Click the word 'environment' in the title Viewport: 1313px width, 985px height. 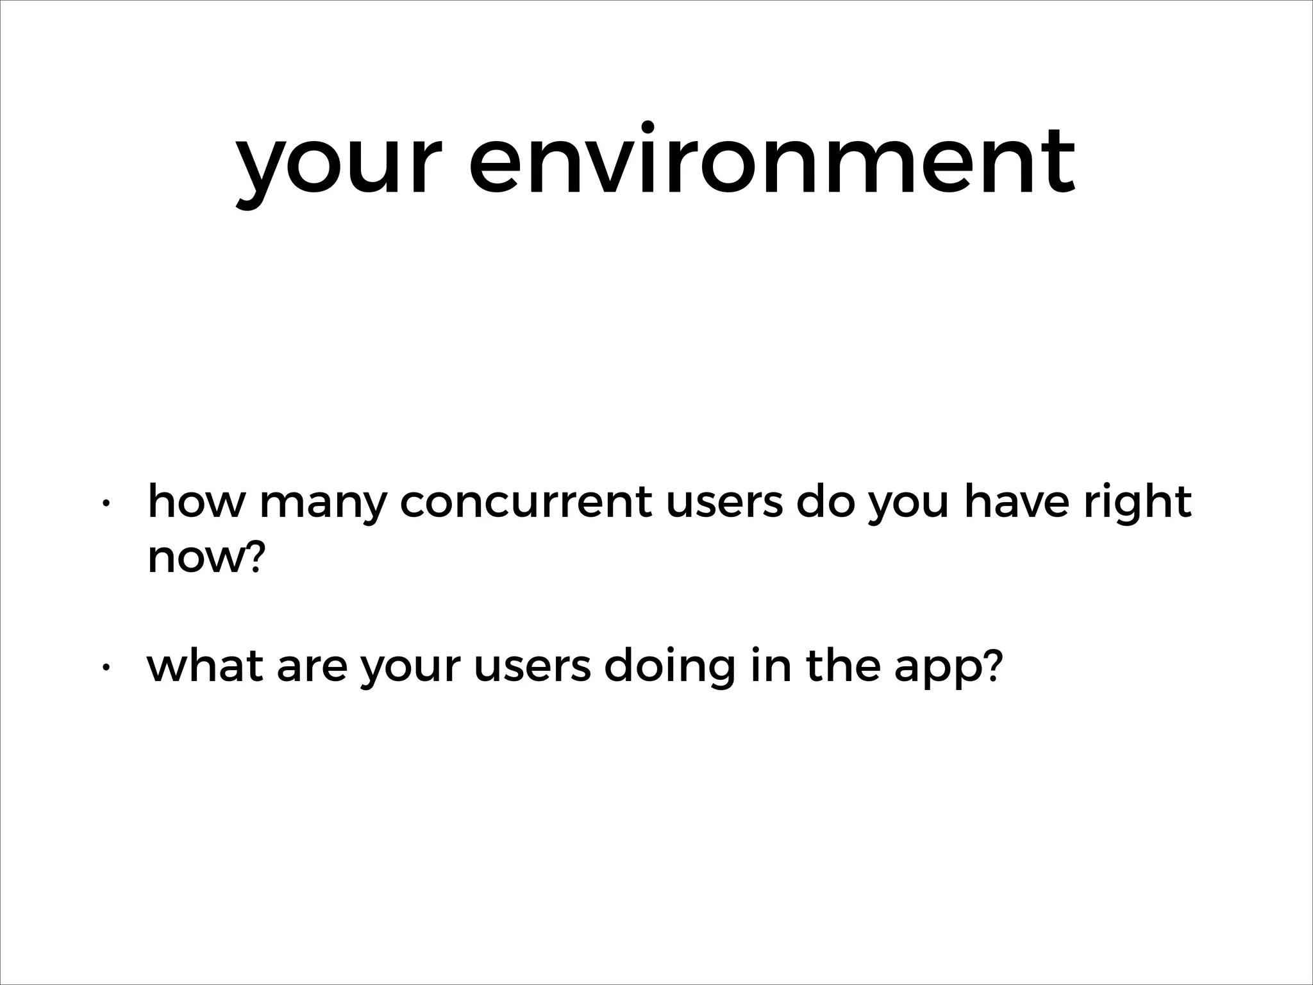772,160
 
